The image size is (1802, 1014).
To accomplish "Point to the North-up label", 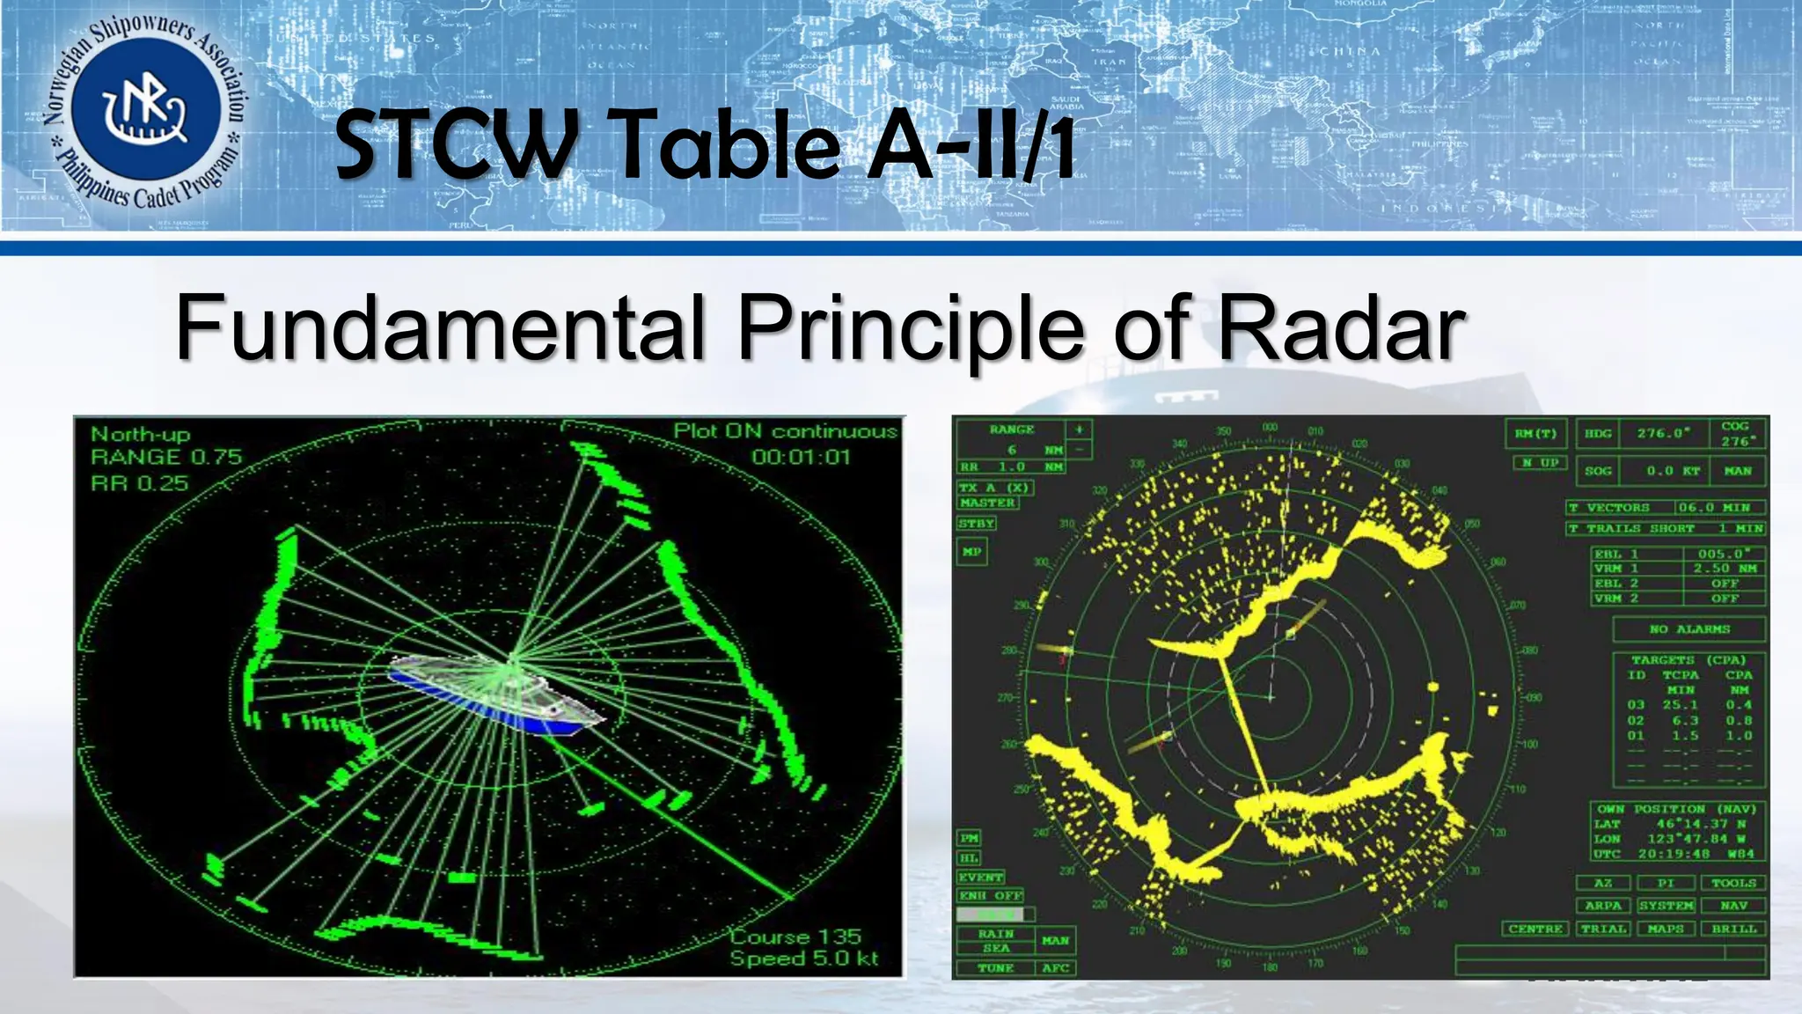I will coord(141,434).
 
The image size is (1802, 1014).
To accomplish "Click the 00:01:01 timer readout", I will coord(801,457).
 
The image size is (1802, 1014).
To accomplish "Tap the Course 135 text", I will coord(795,937).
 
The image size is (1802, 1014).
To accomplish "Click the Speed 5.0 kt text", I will coord(803,959).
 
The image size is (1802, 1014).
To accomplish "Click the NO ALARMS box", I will coord(1688,629).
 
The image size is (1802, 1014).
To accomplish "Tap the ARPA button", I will coord(1603,906).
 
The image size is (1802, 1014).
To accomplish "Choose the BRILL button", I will coord(1733,929).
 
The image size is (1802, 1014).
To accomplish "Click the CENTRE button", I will coord(1535,929).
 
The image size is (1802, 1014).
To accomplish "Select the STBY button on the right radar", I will coord(977,524).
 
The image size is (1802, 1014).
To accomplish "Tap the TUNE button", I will coord(995,967).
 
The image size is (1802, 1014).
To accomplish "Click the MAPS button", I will coord(1666,929).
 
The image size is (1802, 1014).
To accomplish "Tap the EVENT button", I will coord(980,878).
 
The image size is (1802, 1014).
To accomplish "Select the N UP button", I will coord(1540,462).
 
